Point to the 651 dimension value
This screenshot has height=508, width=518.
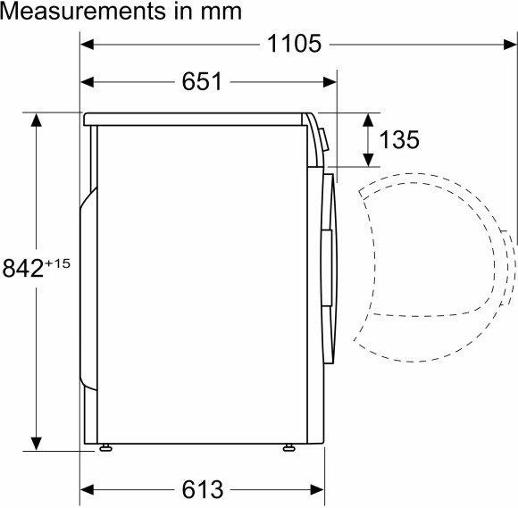202,82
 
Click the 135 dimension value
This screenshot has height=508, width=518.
399,140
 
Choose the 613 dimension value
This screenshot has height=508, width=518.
201,489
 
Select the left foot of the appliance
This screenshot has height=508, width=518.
106,448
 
